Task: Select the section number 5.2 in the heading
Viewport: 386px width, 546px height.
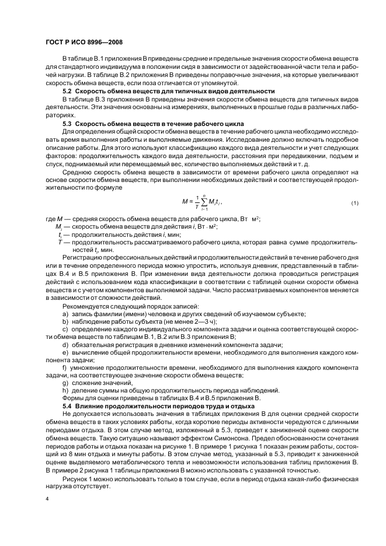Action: tap(67, 92)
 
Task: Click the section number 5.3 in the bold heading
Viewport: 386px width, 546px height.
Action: tap(67, 125)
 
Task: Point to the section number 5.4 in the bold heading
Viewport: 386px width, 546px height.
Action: tap(67, 405)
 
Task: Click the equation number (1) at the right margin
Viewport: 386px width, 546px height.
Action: tap(354, 202)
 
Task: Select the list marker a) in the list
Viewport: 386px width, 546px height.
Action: tap(65, 314)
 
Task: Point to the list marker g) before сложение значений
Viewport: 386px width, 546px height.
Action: tap(65, 383)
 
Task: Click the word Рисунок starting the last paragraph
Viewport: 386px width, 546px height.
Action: tap(76, 474)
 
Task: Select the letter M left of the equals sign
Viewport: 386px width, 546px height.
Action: tap(185, 202)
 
